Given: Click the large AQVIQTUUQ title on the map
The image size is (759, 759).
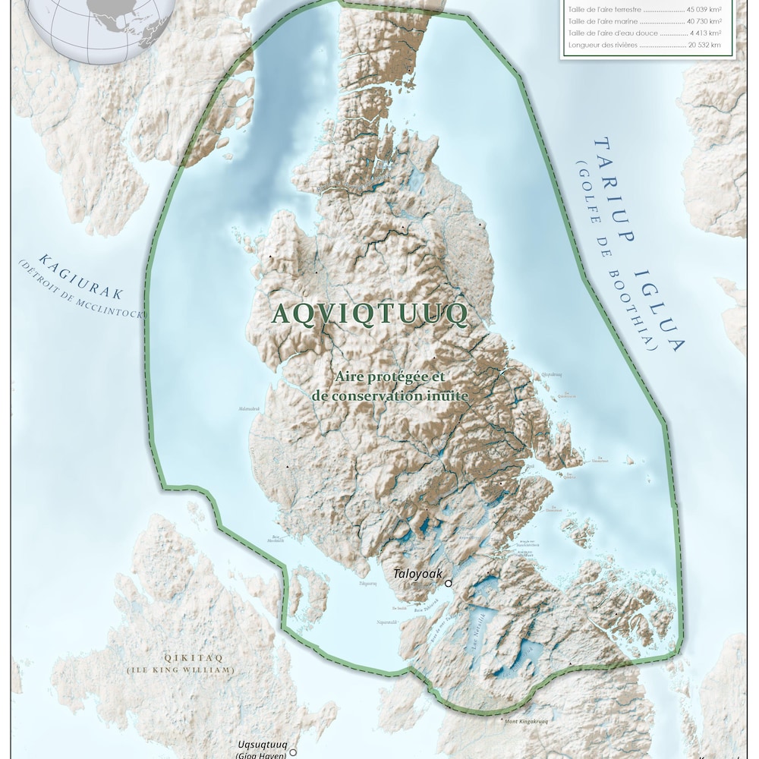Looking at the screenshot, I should coord(369,314).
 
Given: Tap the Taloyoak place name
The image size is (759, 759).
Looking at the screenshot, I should coord(417,575).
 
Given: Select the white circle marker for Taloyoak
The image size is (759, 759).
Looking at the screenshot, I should coord(449,583).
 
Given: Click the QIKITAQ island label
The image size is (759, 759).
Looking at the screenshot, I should coord(181,658).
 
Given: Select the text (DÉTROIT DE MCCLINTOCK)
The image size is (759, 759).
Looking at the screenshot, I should coord(80,293).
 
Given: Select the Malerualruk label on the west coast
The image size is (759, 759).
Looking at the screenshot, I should coord(250,408).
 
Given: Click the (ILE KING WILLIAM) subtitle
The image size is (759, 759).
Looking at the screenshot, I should coord(181,670).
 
